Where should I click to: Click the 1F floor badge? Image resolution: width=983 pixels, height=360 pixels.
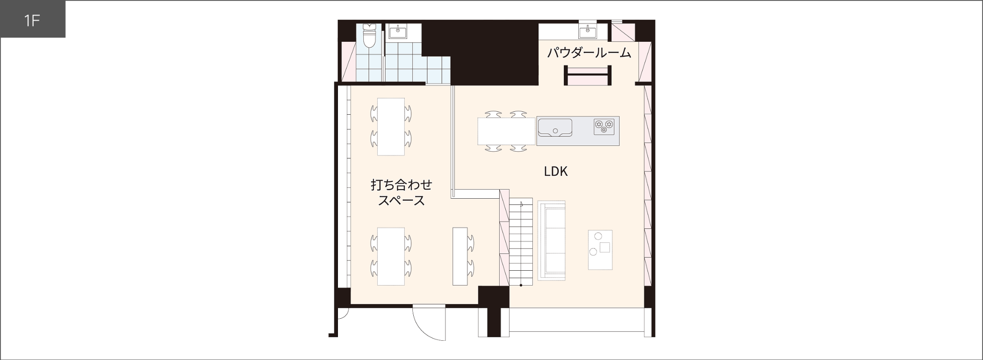click(32, 20)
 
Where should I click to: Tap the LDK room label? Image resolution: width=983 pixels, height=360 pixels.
click(556, 171)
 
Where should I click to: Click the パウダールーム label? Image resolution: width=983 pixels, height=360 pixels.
click(589, 53)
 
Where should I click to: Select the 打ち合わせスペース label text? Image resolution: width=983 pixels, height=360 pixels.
click(401, 192)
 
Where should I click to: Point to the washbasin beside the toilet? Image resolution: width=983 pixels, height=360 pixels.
click(398, 32)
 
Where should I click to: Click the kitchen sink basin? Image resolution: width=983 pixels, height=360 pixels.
click(555, 128)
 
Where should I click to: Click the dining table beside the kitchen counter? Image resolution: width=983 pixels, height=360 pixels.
click(506, 131)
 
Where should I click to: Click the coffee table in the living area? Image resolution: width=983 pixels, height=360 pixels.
click(600, 250)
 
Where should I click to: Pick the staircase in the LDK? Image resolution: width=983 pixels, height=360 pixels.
click(521, 242)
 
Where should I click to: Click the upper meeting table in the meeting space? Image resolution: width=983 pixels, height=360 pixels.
click(391, 126)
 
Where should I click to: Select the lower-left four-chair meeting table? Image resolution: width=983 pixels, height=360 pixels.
click(391, 256)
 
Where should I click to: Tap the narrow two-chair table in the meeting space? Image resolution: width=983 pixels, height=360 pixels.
click(460, 256)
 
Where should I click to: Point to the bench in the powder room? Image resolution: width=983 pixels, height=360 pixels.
click(587, 76)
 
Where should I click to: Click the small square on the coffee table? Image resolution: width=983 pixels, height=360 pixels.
click(605, 248)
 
